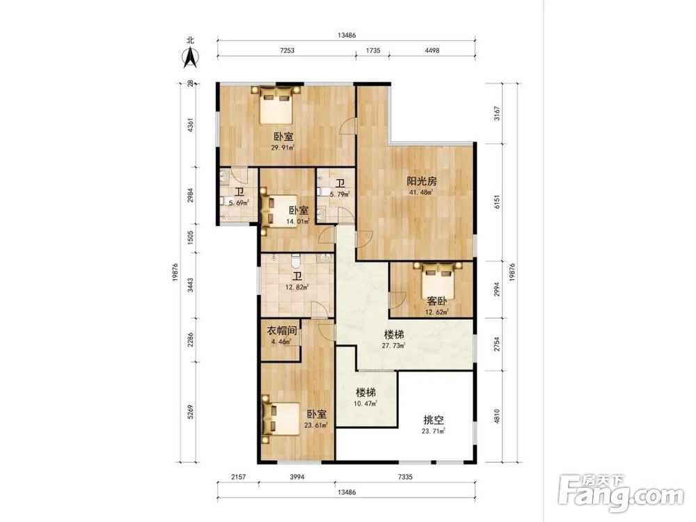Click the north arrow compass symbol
coord(191,58)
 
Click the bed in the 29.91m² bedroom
coord(276,105)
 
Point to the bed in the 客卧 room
coord(438,280)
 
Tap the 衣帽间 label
coord(281,331)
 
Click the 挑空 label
coord(433,420)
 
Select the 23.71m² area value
coord(433,431)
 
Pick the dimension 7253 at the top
coord(287,51)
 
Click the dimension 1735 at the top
coord(373,51)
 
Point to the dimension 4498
coord(432,51)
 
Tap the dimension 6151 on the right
coord(497,202)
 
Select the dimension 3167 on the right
coord(497,113)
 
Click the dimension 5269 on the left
coord(191,411)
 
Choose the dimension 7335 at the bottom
coord(405,477)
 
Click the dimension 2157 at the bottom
coord(238,477)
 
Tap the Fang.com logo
coord(621,494)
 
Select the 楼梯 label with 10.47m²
coord(366,393)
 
